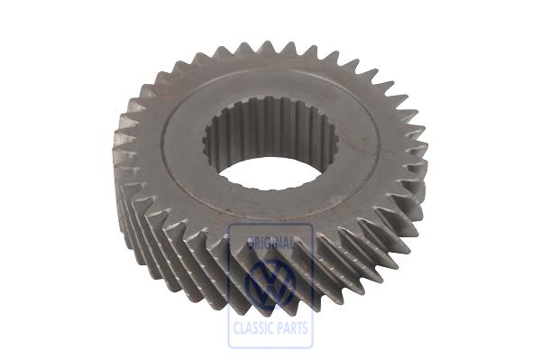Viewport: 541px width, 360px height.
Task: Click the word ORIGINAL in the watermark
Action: point(270,243)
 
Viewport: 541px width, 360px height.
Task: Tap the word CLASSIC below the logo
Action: point(252,330)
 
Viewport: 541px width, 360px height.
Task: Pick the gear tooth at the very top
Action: point(267,46)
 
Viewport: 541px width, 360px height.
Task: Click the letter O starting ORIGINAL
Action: point(248,243)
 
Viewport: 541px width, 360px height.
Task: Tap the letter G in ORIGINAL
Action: point(266,243)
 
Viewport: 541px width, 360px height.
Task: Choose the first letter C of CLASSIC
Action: point(235,330)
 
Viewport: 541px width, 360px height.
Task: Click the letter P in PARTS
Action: point(280,330)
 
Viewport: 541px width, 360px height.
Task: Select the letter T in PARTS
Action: point(298,330)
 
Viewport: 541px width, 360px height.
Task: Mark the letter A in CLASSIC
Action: point(247,330)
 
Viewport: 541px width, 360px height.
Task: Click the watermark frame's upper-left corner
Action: point(229,225)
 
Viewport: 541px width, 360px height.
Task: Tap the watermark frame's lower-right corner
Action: point(312,347)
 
